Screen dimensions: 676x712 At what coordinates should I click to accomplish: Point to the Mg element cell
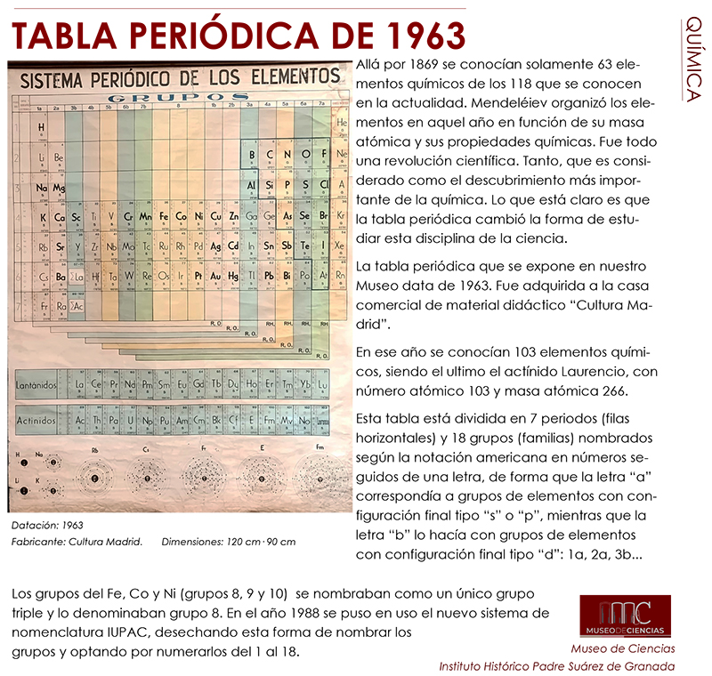pyautogui.click(x=59, y=188)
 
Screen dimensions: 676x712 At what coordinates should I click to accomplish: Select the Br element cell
pyautogui.click(x=325, y=216)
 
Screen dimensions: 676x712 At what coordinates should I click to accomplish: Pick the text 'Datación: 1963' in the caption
pyautogui.click(x=49, y=527)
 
